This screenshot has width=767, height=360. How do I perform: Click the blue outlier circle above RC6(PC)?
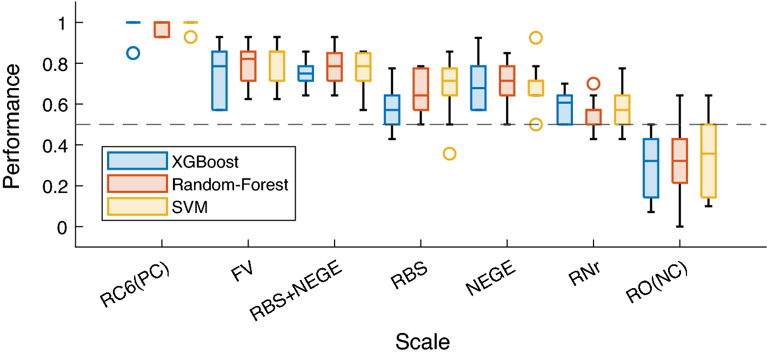[x=133, y=53]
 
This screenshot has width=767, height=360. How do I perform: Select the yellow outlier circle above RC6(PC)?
[x=190, y=37]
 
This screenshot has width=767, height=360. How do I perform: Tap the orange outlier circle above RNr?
[x=593, y=83]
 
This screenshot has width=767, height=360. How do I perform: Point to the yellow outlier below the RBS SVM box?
[x=449, y=154]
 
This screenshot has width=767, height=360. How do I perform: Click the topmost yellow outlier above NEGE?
[x=536, y=37]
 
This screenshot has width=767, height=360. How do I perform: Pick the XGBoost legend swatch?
[x=137, y=161]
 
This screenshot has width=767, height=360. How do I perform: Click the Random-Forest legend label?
[x=230, y=185]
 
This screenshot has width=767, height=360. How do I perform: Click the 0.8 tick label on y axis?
[x=52, y=63]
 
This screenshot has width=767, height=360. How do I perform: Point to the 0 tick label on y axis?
[x=62, y=227]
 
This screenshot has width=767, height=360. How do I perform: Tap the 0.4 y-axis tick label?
[x=52, y=145]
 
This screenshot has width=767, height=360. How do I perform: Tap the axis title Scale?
[x=422, y=342]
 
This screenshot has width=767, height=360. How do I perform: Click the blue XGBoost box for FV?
[x=219, y=81]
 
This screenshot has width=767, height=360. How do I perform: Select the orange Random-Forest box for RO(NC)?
[x=679, y=161]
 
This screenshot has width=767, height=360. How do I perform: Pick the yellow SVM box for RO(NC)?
[x=708, y=161]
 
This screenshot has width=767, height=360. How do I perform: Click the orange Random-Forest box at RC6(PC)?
[x=162, y=30]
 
